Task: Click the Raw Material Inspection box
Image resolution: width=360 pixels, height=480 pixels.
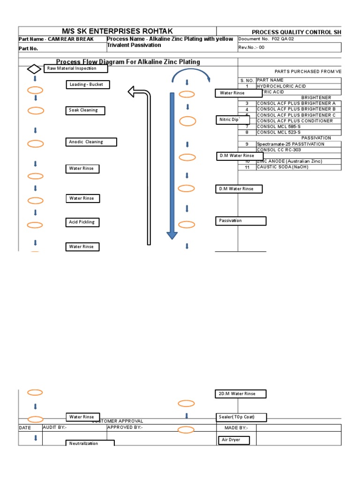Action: click(x=76, y=68)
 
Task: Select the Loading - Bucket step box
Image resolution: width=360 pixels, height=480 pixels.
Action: click(x=88, y=85)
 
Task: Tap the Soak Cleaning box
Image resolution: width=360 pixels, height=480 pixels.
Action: click(x=85, y=111)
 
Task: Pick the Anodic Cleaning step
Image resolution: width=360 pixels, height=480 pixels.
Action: click(x=91, y=142)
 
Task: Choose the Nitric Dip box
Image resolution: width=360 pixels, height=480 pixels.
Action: click(x=228, y=120)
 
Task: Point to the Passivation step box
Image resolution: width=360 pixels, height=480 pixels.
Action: click(x=240, y=221)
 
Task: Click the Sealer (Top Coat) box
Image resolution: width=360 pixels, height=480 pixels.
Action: click(x=236, y=417)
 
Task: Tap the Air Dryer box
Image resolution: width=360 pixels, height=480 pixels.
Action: click(x=233, y=440)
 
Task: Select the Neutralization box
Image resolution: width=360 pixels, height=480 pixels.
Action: click(x=90, y=443)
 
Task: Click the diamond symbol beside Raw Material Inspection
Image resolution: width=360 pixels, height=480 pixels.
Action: click(x=34, y=69)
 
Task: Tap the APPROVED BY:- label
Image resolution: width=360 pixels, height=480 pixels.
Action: click(x=125, y=427)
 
